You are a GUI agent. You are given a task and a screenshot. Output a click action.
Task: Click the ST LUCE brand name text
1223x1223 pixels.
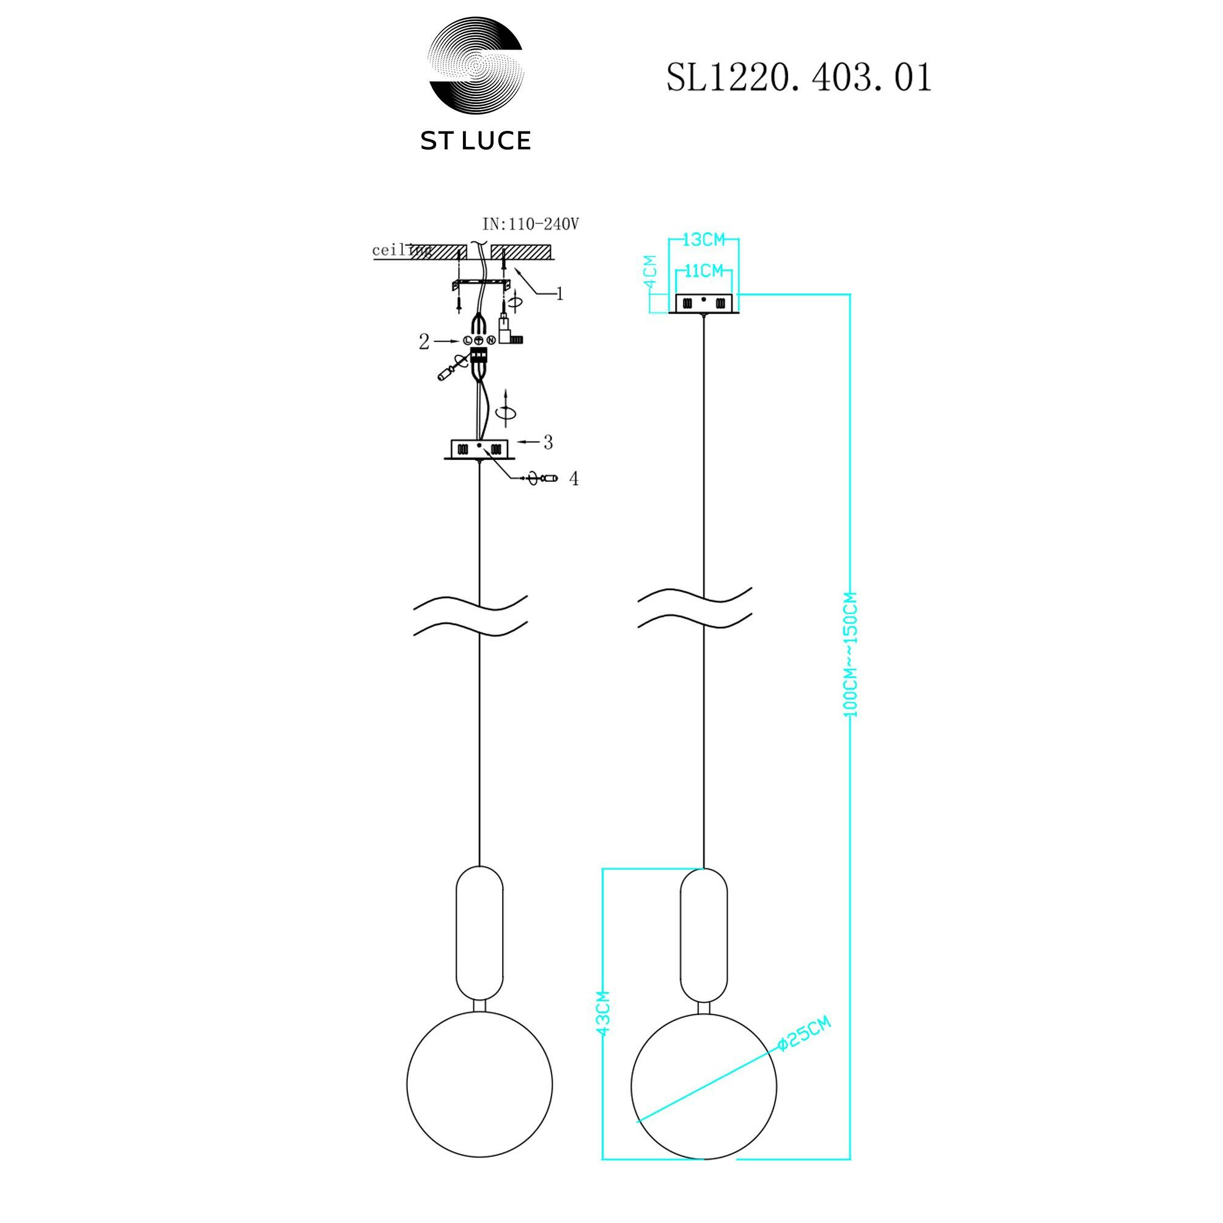click(475, 141)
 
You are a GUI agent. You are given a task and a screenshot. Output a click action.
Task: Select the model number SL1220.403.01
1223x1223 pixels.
click(799, 78)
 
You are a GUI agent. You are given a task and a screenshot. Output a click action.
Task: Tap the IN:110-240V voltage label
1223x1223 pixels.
click(530, 224)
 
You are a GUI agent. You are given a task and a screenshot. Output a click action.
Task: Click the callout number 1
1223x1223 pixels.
click(559, 294)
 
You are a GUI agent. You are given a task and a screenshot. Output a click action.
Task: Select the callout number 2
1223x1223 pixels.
click(424, 342)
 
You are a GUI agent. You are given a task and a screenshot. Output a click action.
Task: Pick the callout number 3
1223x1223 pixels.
click(547, 443)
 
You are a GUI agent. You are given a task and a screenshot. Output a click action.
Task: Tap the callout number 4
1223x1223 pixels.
click(574, 479)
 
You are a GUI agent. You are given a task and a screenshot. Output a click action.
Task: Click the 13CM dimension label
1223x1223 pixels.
click(704, 240)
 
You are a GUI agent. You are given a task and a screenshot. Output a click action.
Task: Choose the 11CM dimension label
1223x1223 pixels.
click(703, 271)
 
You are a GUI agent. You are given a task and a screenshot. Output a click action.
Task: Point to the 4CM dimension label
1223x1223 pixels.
click(650, 272)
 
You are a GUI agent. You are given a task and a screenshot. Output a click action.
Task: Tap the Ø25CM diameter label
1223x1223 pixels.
click(804, 1033)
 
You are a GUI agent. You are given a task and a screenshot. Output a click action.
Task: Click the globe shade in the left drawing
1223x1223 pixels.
click(479, 1084)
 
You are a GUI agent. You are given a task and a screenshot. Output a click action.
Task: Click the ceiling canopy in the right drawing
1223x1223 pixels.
click(703, 304)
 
